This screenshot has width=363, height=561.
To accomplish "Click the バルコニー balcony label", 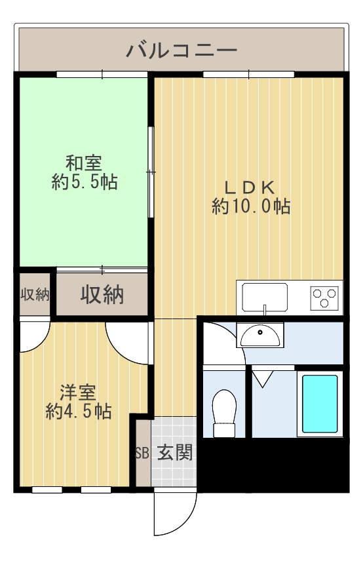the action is click(x=181, y=50).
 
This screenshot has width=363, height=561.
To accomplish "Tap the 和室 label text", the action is click(x=84, y=163).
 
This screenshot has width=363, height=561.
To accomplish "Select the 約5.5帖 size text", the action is click(x=85, y=182).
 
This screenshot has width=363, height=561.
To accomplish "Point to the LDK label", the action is click(x=250, y=187).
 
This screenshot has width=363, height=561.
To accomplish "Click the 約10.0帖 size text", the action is click(x=251, y=206).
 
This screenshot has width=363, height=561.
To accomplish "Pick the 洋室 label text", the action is click(x=78, y=393).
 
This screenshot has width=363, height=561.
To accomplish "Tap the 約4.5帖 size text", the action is click(x=79, y=411).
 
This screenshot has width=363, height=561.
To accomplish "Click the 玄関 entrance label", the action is click(x=175, y=452).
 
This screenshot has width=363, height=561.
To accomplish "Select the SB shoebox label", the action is click(x=142, y=454).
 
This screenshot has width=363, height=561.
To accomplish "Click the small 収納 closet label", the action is click(x=35, y=295).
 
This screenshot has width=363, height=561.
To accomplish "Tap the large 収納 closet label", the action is click(x=102, y=295).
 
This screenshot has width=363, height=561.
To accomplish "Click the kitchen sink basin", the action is click(x=265, y=297).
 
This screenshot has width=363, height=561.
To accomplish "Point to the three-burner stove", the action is click(x=324, y=298).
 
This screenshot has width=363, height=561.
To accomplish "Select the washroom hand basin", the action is click(x=260, y=336).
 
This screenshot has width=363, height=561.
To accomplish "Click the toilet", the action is click(x=224, y=414).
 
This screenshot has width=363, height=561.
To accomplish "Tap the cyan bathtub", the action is click(x=320, y=404).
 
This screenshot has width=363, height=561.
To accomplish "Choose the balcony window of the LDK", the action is click(x=248, y=75).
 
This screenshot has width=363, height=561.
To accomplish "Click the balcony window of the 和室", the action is click(x=102, y=75).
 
